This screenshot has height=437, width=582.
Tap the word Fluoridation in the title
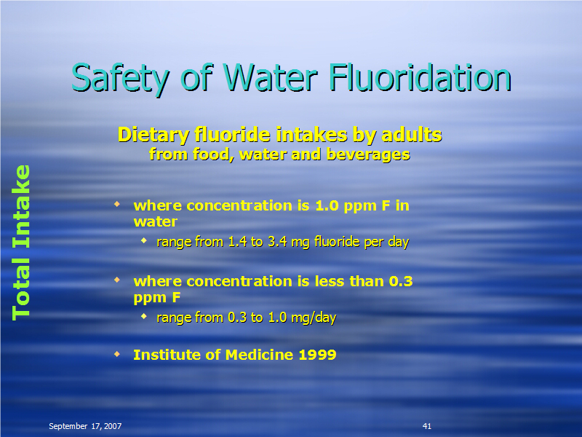(x=420, y=77)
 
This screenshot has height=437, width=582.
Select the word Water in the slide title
(x=271, y=78)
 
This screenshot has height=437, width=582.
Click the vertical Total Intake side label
(x=21, y=243)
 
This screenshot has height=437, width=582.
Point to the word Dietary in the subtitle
(x=154, y=135)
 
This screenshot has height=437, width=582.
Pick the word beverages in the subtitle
(x=368, y=154)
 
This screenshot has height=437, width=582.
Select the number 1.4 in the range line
(x=238, y=242)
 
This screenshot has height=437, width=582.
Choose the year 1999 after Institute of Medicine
(x=317, y=355)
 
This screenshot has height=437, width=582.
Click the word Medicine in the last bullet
(x=259, y=355)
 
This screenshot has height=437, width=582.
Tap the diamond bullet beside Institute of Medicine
(x=117, y=354)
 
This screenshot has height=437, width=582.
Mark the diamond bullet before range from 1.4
(x=144, y=241)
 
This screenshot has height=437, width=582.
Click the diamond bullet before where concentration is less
(x=117, y=280)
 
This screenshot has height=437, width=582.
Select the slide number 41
(x=427, y=426)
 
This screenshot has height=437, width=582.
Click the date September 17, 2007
(x=85, y=426)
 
